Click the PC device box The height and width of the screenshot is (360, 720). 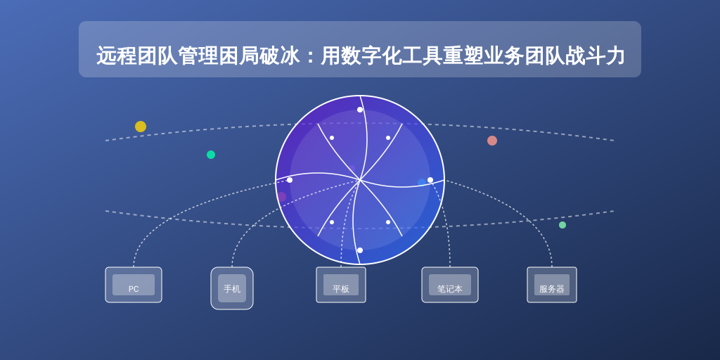pyautogui.click(x=134, y=285)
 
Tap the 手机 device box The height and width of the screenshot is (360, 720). pyautogui.click(x=232, y=288)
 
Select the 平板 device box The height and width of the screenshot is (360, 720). pyautogui.click(x=341, y=285)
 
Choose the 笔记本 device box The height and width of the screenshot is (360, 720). pyautogui.click(x=450, y=285)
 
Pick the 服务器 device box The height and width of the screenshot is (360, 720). pyautogui.click(x=552, y=285)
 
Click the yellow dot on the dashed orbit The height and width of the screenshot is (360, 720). pyautogui.click(x=141, y=127)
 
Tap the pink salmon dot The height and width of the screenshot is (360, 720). pyautogui.click(x=492, y=141)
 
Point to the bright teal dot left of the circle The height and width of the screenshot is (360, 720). pyautogui.click(x=211, y=155)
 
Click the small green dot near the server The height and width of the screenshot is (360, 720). pyautogui.click(x=562, y=225)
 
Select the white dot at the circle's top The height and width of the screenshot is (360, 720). pyautogui.click(x=360, y=110)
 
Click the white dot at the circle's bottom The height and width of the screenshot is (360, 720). pyautogui.click(x=360, y=250)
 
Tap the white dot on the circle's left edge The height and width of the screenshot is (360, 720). pyautogui.click(x=290, y=180)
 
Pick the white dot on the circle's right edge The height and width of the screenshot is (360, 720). pyautogui.click(x=430, y=180)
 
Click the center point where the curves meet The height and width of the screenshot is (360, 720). pyautogui.click(x=360, y=180)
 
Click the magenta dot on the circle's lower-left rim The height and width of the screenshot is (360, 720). pyautogui.click(x=281, y=197)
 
